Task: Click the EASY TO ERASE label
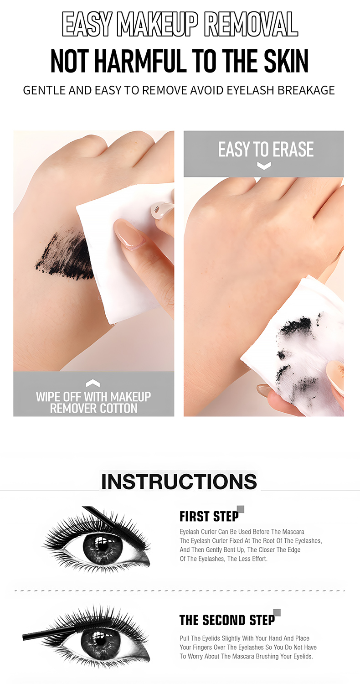click(266, 150)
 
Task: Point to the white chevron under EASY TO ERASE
click(264, 166)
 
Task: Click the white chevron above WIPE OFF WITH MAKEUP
click(93, 383)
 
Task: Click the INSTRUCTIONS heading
click(179, 482)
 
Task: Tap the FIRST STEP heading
click(209, 517)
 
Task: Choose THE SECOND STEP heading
click(227, 620)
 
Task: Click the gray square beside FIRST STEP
click(241, 509)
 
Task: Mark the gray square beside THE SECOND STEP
click(277, 612)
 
